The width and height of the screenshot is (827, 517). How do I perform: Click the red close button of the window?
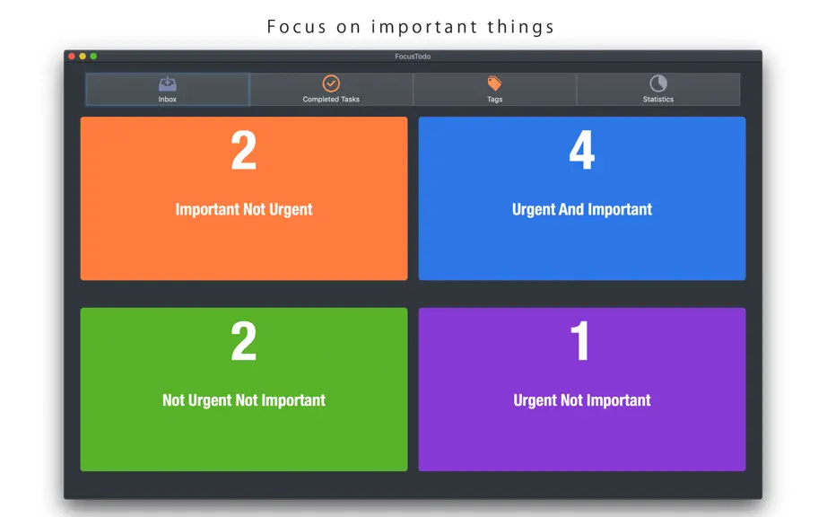coord(72,56)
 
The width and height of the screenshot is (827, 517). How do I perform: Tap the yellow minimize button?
coord(83,56)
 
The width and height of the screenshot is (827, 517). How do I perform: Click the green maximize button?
coord(93,56)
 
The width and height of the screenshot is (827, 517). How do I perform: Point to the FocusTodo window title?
coord(413,57)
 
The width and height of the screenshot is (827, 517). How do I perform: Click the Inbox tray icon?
coord(167,83)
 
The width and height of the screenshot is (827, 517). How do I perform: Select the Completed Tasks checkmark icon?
coord(331,83)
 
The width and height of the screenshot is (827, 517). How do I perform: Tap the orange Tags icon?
coord(494,83)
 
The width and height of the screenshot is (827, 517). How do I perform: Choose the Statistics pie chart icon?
coord(658,83)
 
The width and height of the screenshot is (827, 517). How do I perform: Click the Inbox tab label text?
coord(167,99)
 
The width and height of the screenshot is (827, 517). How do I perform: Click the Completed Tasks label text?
coord(331,99)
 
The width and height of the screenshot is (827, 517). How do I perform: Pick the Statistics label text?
coord(658,99)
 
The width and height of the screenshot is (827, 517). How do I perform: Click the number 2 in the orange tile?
coord(244,151)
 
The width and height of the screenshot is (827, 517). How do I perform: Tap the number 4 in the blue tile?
coord(582,151)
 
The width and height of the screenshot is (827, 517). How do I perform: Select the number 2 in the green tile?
coord(244,341)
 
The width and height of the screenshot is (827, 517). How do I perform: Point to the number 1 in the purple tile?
coord(580,341)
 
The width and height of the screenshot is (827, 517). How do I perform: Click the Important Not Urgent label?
coord(244,209)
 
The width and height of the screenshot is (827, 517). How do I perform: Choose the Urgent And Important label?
coord(582,209)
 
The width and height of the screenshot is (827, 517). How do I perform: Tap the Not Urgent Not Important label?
coord(244,400)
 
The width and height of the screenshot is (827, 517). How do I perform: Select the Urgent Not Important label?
coord(582,400)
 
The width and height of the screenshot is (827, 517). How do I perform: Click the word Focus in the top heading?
coord(296,26)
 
